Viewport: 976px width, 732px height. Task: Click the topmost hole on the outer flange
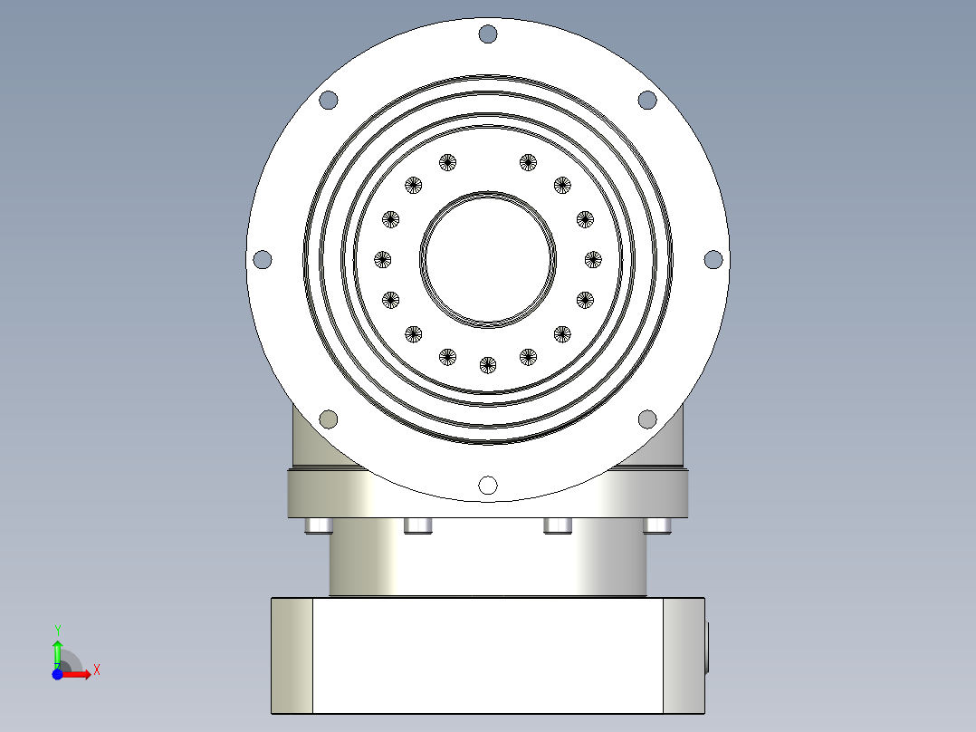click(488, 34)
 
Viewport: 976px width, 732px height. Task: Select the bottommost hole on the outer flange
click(488, 485)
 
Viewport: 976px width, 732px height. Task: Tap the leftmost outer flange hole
click(263, 259)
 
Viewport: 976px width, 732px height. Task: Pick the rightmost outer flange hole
click(713, 259)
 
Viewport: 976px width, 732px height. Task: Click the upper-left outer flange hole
click(329, 100)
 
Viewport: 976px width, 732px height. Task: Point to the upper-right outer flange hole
click(647, 100)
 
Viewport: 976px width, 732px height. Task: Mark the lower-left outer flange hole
click(329, 419)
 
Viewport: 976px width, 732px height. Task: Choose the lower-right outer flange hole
click(647, 419)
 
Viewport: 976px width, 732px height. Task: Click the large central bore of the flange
click(488, 259)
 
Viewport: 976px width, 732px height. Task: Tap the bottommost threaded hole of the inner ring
click(488, 365)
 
